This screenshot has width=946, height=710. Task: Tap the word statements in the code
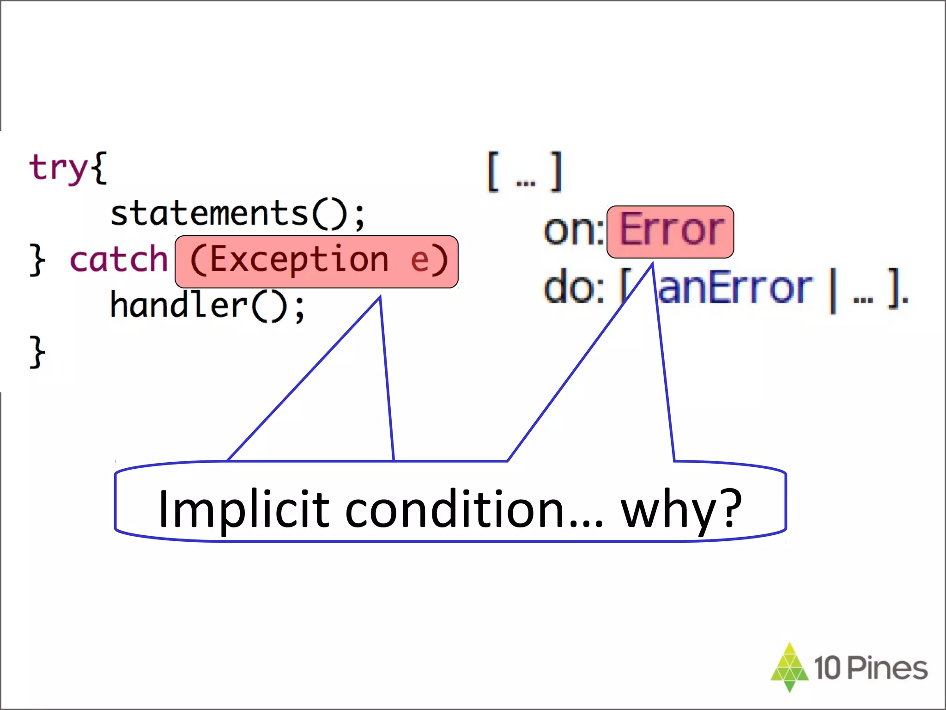pos(209,214)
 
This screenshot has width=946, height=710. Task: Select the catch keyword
pos(118,260)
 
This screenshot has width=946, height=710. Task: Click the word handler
pos(179,305)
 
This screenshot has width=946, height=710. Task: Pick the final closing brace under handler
pos(37,352)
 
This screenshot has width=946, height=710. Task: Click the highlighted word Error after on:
pos(671,230)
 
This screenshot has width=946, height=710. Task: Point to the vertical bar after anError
pos(833,290)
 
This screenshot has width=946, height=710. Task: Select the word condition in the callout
pos(455,509)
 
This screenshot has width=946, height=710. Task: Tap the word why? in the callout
pos(681,509)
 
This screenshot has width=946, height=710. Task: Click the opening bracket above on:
pos(493,171)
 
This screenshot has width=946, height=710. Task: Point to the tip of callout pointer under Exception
pos(380,298)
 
